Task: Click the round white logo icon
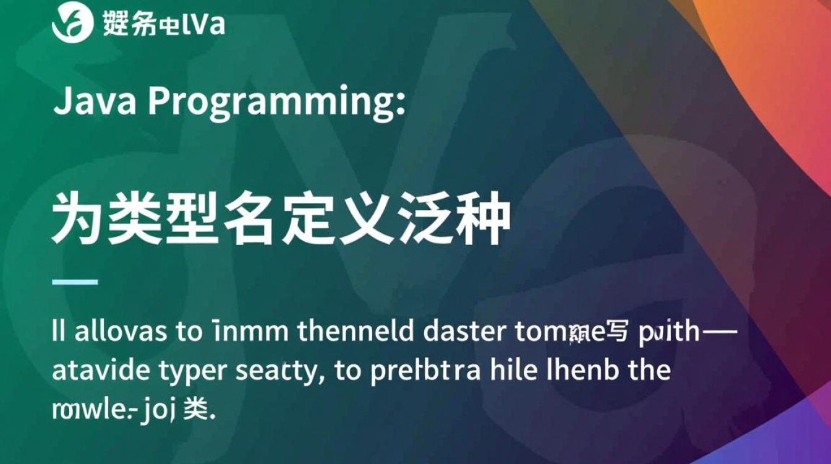[x=70, y=24]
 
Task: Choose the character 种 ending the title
[x=482, y=218]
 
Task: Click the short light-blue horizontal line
[x=75, y=282]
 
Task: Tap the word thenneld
[x=356, y=332]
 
